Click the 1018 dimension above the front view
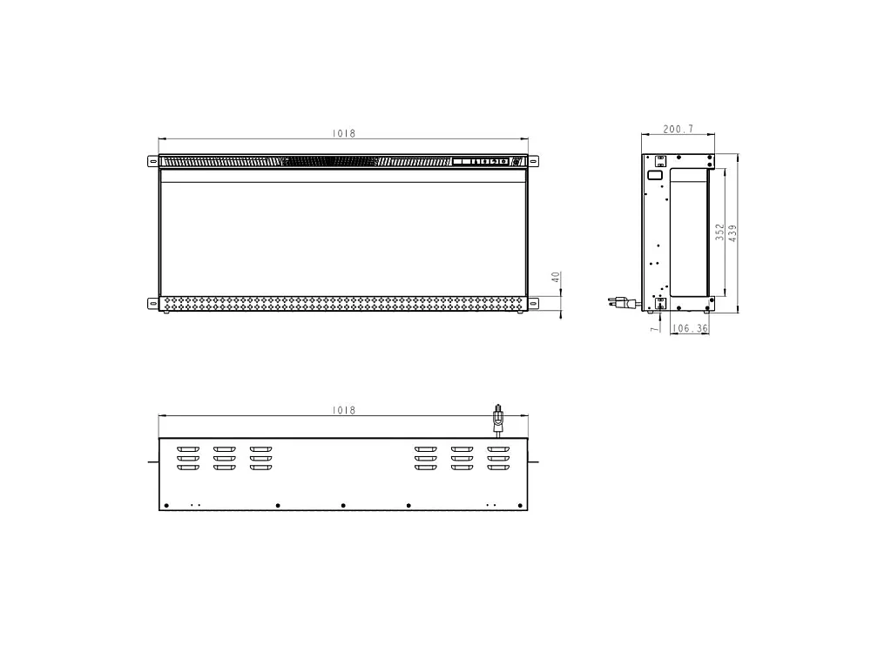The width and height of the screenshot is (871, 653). [x=343, y=133]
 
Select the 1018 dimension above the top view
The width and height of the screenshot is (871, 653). [x=343, y=410]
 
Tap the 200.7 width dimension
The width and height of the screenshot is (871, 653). [x=679, y=129]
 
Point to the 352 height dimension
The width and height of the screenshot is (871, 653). [x=720, y=232]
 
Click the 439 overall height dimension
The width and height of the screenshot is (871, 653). [x=733, y=233]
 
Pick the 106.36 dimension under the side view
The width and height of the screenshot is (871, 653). [x=690, y=328]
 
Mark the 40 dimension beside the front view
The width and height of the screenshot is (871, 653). [x=556, y=277]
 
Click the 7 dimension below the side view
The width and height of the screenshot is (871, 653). [x=654, y=329]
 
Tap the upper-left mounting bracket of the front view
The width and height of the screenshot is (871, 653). [x=153, y=161]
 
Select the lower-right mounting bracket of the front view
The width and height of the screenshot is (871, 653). [x=533, y=303]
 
